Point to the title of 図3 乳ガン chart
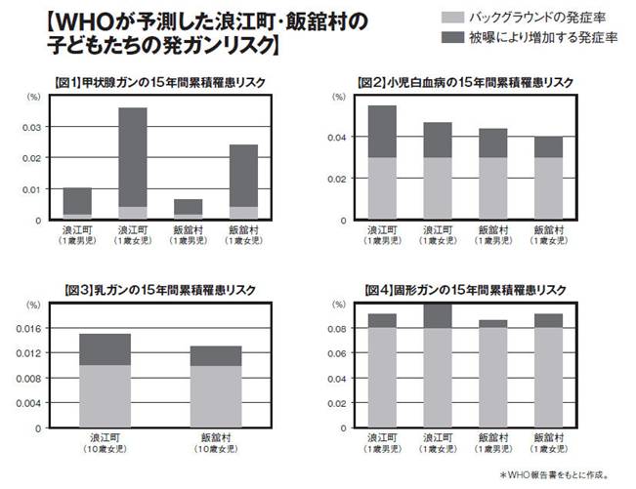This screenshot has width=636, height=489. coord(145,290)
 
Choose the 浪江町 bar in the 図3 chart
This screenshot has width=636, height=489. coord(105,381)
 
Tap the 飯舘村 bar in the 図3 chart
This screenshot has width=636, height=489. coord(215,387)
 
